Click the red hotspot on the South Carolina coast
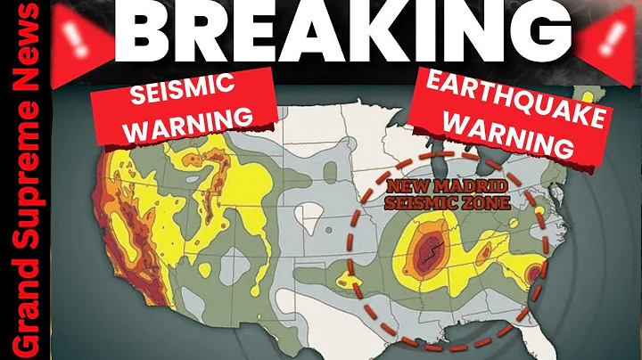[x=534, y=272]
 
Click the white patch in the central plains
[x=313, y=217]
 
